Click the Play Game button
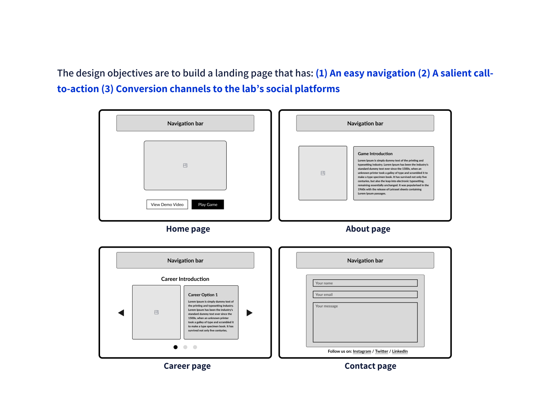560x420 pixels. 208,204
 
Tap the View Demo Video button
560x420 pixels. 167,204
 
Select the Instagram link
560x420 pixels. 361,351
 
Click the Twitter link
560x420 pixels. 381,351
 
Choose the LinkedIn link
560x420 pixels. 399,351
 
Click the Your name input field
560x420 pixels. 365,283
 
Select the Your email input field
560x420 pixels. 365,294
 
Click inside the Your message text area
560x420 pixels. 365,322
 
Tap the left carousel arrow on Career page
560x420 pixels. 121,313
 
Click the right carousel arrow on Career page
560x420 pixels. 249,313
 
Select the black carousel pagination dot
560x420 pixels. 175,347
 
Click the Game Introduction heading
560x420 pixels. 375,153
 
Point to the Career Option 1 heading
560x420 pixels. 203,294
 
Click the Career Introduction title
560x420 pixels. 185,279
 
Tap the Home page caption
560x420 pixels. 188,229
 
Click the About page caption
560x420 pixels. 368,229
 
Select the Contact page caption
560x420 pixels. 370,366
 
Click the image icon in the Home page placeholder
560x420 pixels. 185,165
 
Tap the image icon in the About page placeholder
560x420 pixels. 323,173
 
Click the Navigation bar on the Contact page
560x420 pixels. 365,260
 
